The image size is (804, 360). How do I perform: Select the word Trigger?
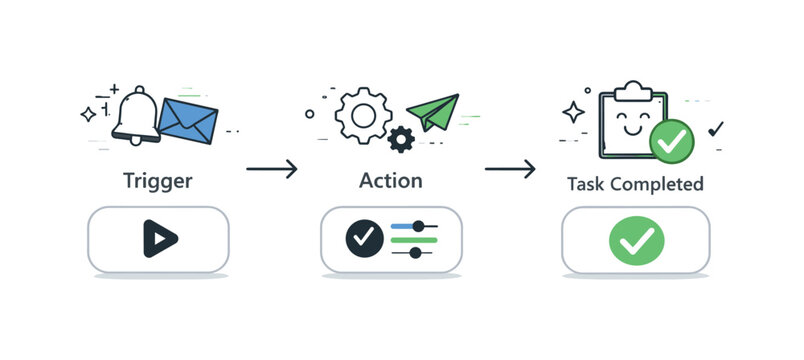(x=157, y=182)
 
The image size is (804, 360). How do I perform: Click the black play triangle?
(x=159, y=238)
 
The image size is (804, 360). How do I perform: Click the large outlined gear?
(x=362, y=115)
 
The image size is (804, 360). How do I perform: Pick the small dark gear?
(x=401, y=138)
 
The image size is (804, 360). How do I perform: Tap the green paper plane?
(x=432, y=112)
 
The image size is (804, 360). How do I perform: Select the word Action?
(x=390, y=181)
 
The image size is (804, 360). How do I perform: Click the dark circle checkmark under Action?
(x=363, y=238)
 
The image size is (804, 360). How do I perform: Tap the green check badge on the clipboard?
(x=671, y=140)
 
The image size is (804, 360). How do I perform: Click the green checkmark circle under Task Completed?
(x=636, y=240)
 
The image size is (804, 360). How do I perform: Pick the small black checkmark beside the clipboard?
(x=715, y=128)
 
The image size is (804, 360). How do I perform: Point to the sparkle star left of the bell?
(x=90, y=115)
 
